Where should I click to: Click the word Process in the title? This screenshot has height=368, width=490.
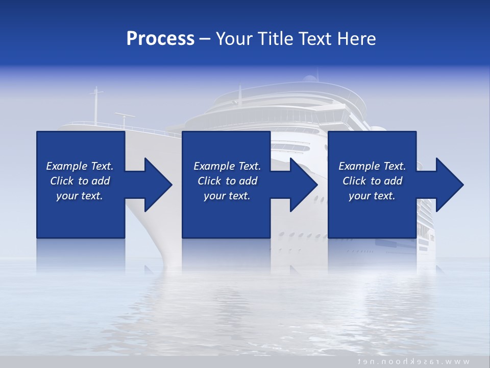click(x=160, y=39)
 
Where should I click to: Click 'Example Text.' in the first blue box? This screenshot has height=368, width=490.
click(x=80, y=166)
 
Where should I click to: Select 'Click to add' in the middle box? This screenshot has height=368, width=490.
click(x=227, y=181)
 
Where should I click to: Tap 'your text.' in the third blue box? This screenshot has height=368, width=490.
click(x=372, y=196)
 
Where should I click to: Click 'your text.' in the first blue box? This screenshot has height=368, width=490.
click(x=80, y=196)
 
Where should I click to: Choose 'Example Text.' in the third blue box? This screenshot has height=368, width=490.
click(x=372, y=166)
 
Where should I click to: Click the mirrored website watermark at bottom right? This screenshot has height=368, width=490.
click(x=413, y=361)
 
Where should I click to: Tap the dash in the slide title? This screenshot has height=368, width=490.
click(x=205, y=39)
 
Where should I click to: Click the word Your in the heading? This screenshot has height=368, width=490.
click(x=235, y=39)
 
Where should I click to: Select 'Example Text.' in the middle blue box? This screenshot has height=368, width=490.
click(x=227, y=166)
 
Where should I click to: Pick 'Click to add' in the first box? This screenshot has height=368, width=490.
click(x=80, y=181)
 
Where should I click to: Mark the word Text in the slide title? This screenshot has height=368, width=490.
click(x=314, y=39)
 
